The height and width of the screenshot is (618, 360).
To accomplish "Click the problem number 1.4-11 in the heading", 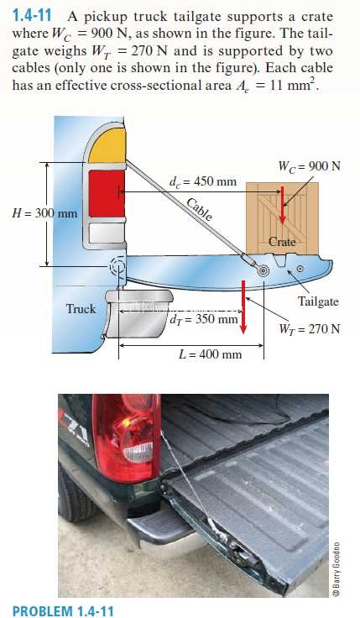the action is tap(32, 16).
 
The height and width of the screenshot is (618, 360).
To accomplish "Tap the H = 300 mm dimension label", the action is tap(44, 213).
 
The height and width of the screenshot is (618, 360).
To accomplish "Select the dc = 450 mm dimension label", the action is tap(203, 181).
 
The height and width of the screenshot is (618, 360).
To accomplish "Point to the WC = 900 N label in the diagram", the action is tap(309, 166).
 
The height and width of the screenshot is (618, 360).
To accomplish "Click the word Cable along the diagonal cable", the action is tap(199, 209).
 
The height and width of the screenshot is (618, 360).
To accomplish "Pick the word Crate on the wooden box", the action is tap(282, 242).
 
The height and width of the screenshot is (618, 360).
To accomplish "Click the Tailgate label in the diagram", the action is tap(318, 302).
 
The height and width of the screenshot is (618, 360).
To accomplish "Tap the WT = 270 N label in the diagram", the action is tap(309, 329).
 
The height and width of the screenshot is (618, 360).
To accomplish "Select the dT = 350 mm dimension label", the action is tap(204, 319).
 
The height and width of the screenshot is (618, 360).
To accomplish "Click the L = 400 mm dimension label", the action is tap(210, 354).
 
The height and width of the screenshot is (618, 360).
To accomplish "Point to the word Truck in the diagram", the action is tap(81, 309).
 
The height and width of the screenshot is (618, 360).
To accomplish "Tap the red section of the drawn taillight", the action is tap(107, 193).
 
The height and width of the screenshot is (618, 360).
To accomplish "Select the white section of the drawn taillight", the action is tap(107, 233).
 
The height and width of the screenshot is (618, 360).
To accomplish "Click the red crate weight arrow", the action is tap(282, 206).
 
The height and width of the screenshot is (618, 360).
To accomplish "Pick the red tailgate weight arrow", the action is tap(243, 306).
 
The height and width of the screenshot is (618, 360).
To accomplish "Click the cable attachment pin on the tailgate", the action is tap(263, 270).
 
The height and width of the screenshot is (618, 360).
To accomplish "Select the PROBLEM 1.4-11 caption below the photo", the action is tap(63, 611).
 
